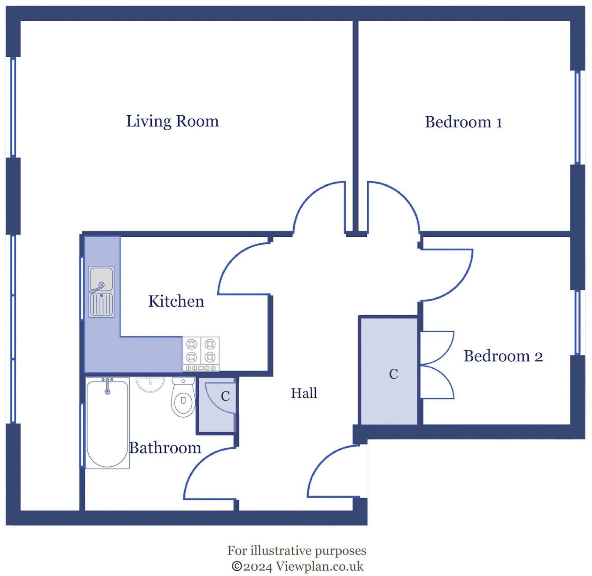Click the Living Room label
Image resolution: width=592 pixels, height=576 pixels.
tap(172, 121)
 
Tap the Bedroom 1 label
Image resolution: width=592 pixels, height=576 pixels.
tap(463, 122)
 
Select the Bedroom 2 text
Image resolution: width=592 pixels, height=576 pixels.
tap(503, 356)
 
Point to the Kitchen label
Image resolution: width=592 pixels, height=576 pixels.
tap(176, 301)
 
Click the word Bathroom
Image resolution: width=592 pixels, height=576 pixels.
tap(165, 448)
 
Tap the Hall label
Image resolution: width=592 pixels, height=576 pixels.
tap(304, 393)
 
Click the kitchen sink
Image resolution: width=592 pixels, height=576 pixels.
tap(102, 291)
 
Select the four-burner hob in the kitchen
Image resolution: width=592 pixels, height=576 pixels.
tap(201, 354)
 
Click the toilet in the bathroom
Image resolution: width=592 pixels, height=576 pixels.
tap(183, 397)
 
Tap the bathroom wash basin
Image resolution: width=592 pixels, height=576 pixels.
tap(150, 383)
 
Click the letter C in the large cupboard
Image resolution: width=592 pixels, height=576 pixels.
tap(394, 374)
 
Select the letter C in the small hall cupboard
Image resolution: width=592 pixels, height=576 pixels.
tap(225, 396)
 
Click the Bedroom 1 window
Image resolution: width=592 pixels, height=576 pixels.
tap(578, 117)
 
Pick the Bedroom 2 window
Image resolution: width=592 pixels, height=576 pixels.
tap(578, 322)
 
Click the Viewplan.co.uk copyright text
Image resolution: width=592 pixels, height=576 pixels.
tap(297, 566)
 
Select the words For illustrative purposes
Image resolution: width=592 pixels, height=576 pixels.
tap(296, 550)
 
